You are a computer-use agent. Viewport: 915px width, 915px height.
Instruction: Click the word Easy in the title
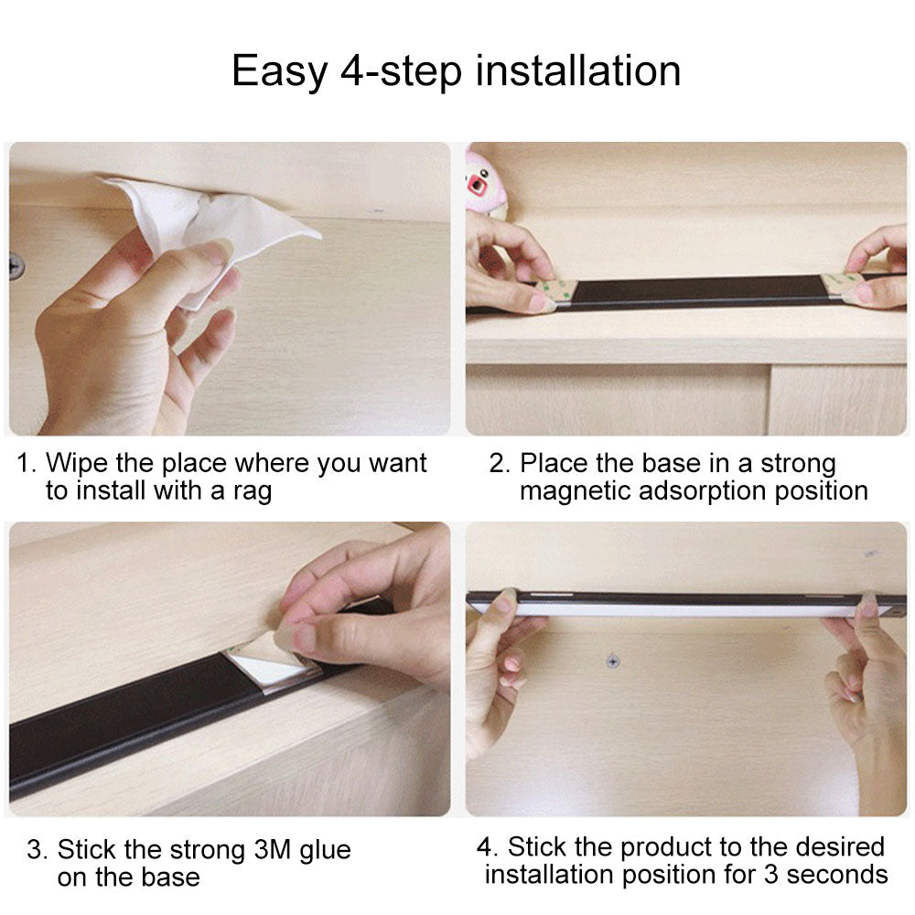(279, 71)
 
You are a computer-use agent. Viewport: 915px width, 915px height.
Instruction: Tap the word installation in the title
(578, 70)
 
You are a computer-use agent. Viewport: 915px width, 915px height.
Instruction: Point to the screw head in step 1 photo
(16, 266)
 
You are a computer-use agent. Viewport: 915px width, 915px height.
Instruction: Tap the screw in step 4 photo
(613, 662)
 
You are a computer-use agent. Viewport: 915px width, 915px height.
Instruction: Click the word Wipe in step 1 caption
(77, 464)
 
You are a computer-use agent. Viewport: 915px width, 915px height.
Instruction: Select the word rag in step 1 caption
(253, 492)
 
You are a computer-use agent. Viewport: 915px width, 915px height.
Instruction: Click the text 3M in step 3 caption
(272, 850)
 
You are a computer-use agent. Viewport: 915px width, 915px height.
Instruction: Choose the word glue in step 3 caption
(325, 851)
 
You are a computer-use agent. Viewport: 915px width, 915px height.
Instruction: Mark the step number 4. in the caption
(488, 847)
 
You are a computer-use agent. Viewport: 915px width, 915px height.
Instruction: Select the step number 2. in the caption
(500, 464)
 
